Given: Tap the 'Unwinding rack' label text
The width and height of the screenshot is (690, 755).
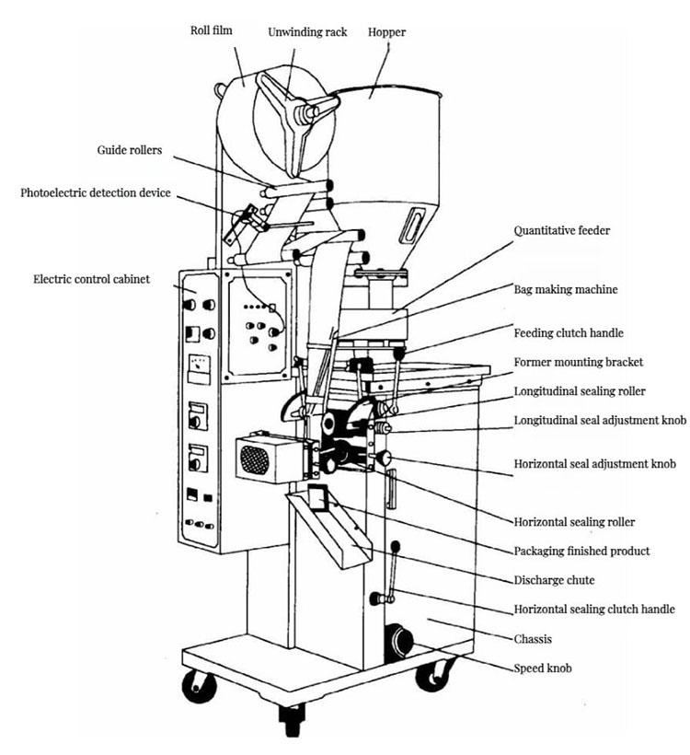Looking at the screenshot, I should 307,32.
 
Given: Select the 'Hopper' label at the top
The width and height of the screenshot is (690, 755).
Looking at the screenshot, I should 386,32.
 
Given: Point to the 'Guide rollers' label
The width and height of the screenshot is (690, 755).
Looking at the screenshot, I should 130,149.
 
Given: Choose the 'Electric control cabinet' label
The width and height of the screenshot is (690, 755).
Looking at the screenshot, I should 91,278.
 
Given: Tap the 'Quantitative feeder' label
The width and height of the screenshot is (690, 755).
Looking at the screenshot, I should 561,230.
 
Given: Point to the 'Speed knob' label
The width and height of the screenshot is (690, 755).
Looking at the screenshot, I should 542,668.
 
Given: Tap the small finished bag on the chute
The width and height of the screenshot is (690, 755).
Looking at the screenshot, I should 319,498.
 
